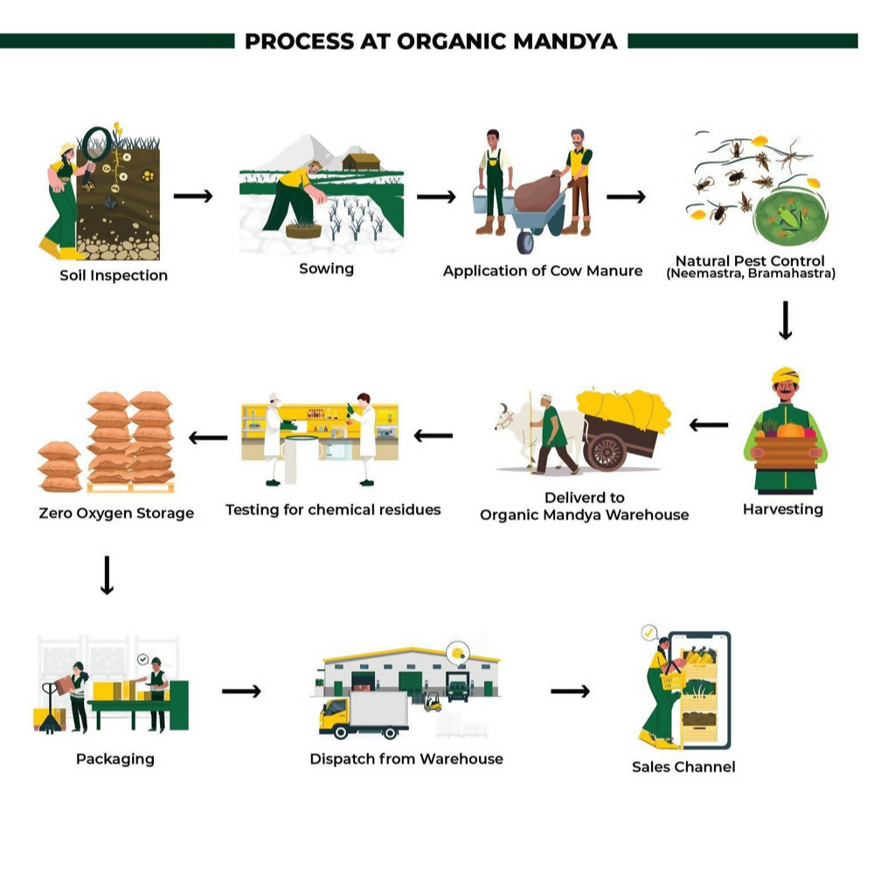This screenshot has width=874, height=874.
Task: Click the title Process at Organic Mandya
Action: coord(431,41)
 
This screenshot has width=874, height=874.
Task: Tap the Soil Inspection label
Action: coord(114,275)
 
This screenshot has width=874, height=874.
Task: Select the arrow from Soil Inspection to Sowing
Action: coord(193,196)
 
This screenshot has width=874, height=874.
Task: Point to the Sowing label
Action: coord(326,268)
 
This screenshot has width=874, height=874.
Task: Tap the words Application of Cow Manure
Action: coord(542,271)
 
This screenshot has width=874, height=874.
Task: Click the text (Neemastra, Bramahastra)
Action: coord(751,274)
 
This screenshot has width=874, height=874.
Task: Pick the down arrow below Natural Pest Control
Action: coord(785,321)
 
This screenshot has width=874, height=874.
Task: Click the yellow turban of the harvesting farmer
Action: coord(785,375)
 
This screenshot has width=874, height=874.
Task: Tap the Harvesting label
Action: coord(782,509)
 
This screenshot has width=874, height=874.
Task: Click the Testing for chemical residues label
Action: coord(333,509)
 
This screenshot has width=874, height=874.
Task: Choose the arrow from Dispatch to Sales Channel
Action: coord(570,691)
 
